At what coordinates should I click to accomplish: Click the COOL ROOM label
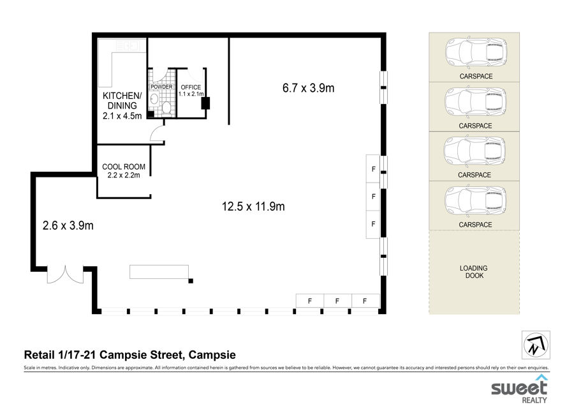point(124,167)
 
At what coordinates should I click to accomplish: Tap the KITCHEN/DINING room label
point(122,101)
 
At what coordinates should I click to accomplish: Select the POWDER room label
point(161,87)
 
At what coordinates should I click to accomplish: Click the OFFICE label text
point(191,87)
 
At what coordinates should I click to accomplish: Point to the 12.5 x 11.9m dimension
point(253,206)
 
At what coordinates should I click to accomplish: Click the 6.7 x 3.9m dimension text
point(308,88)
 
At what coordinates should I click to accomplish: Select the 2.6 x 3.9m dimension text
point(68,225)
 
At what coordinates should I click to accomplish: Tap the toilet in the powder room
point(166,108)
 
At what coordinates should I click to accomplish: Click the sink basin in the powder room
point(154,98)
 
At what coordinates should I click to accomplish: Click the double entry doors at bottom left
point(65,275)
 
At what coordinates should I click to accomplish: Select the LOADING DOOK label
point(474,272)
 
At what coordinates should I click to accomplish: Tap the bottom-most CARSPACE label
point(475,225)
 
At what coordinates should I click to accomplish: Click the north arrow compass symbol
point(536,345)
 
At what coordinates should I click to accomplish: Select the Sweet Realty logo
point(519,389)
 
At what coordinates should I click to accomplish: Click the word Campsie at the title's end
point(212,355)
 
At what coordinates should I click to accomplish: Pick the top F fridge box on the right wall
point(373,169)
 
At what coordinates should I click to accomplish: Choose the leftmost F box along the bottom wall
point(310,301)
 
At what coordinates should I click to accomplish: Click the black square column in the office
point(205,103)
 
